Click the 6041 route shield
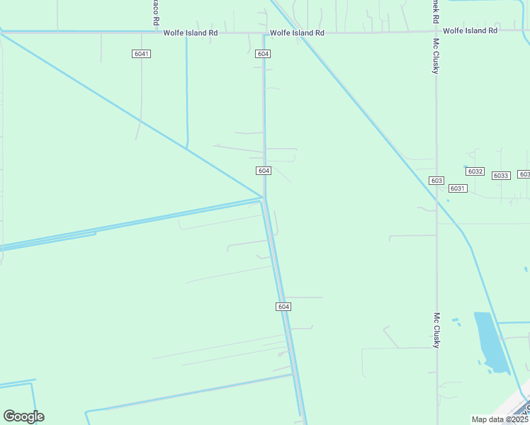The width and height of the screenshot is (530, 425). [142, 54]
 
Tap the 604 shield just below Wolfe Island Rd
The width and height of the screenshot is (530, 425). [264, 54]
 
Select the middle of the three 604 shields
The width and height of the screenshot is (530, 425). [264, 171]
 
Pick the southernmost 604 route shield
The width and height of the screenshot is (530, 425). [283, 306]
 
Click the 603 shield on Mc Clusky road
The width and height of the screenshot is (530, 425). [436, 181]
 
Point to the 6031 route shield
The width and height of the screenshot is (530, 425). [458, 188]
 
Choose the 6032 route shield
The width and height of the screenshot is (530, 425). [475, 171]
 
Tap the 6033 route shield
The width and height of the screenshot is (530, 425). [501, 175]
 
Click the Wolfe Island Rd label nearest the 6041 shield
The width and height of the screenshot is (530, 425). [190, 33]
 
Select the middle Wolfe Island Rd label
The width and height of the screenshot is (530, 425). [297, 33]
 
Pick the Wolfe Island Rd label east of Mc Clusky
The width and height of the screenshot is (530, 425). [470, 30]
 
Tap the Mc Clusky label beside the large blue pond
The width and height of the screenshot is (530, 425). [436, 330]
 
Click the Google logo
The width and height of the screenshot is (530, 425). [23, 416]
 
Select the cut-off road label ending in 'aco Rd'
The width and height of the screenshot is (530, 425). [155, 13]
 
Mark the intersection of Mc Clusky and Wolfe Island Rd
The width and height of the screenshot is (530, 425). [435, 32]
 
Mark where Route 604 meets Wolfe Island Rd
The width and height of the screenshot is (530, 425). [264, 33]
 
